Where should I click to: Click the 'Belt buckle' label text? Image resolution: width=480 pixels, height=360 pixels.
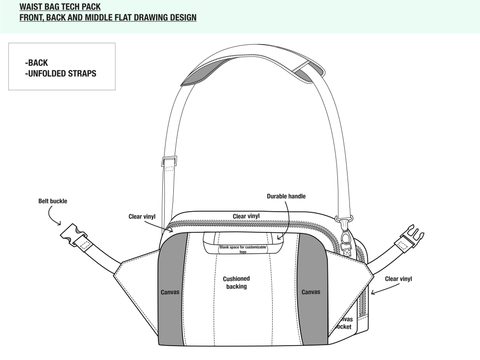(53, 201)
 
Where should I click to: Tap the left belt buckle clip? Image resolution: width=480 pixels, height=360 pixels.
(73, 235)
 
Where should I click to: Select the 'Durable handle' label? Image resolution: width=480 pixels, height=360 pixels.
(286, 196)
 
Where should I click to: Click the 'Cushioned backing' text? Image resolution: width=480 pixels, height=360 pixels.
(236, 282)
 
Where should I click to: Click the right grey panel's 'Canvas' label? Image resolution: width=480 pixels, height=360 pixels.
(311, 291)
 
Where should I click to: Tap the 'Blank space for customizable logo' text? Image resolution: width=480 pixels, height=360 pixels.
(243, 249)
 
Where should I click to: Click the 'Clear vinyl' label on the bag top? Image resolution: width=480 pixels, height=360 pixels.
(246, 216)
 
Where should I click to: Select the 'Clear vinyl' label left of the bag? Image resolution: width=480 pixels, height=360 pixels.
(142, 216)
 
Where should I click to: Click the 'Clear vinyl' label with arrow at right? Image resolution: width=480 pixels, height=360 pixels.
(398, 278)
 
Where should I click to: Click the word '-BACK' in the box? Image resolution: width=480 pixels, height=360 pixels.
(36, 63)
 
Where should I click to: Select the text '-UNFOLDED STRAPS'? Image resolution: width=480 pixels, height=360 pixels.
(60, 74)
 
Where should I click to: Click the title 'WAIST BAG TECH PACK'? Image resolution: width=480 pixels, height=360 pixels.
(60, 7)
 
